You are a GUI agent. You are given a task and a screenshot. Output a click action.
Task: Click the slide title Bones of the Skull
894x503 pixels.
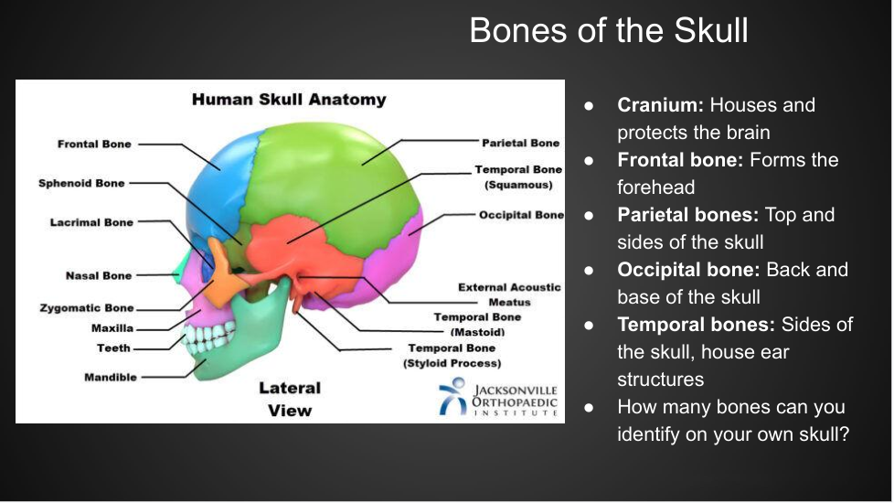tap(609, 30)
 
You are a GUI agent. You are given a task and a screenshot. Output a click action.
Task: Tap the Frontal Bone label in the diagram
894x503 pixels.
tap(94, 144)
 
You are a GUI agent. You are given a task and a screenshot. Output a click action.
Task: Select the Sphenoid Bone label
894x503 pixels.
tap(81, 183)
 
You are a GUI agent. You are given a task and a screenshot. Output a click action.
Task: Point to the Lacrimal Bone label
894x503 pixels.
tap(91, 222)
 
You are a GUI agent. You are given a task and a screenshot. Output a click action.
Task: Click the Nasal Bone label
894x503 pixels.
tap(99, 275)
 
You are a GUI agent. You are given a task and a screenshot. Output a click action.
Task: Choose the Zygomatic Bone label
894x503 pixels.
tap(87, 308)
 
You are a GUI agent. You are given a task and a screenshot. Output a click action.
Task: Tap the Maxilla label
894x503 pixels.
tap(112, 328)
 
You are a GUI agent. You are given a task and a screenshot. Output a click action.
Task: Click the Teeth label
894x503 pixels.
tap(114, 348)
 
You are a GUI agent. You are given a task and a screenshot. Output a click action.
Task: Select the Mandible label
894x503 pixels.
tap(111, 377)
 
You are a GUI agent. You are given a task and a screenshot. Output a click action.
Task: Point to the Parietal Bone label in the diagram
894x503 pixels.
tap(520, 143)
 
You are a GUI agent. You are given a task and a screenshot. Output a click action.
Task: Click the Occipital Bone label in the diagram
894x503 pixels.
tap(521, 215)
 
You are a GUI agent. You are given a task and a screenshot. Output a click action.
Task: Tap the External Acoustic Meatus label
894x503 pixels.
tap(509, 294)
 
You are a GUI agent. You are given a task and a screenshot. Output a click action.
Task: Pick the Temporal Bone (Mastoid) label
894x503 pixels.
tap(477, 325)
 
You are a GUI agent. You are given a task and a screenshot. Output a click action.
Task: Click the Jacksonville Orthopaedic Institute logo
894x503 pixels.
tap(498, 398)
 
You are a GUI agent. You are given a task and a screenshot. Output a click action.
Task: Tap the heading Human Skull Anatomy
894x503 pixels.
tap(289, 100)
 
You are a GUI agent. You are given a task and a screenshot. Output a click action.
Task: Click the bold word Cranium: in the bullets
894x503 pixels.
tap(660, 105)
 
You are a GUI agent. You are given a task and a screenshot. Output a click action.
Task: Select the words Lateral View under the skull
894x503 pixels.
tap(290, 399)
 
